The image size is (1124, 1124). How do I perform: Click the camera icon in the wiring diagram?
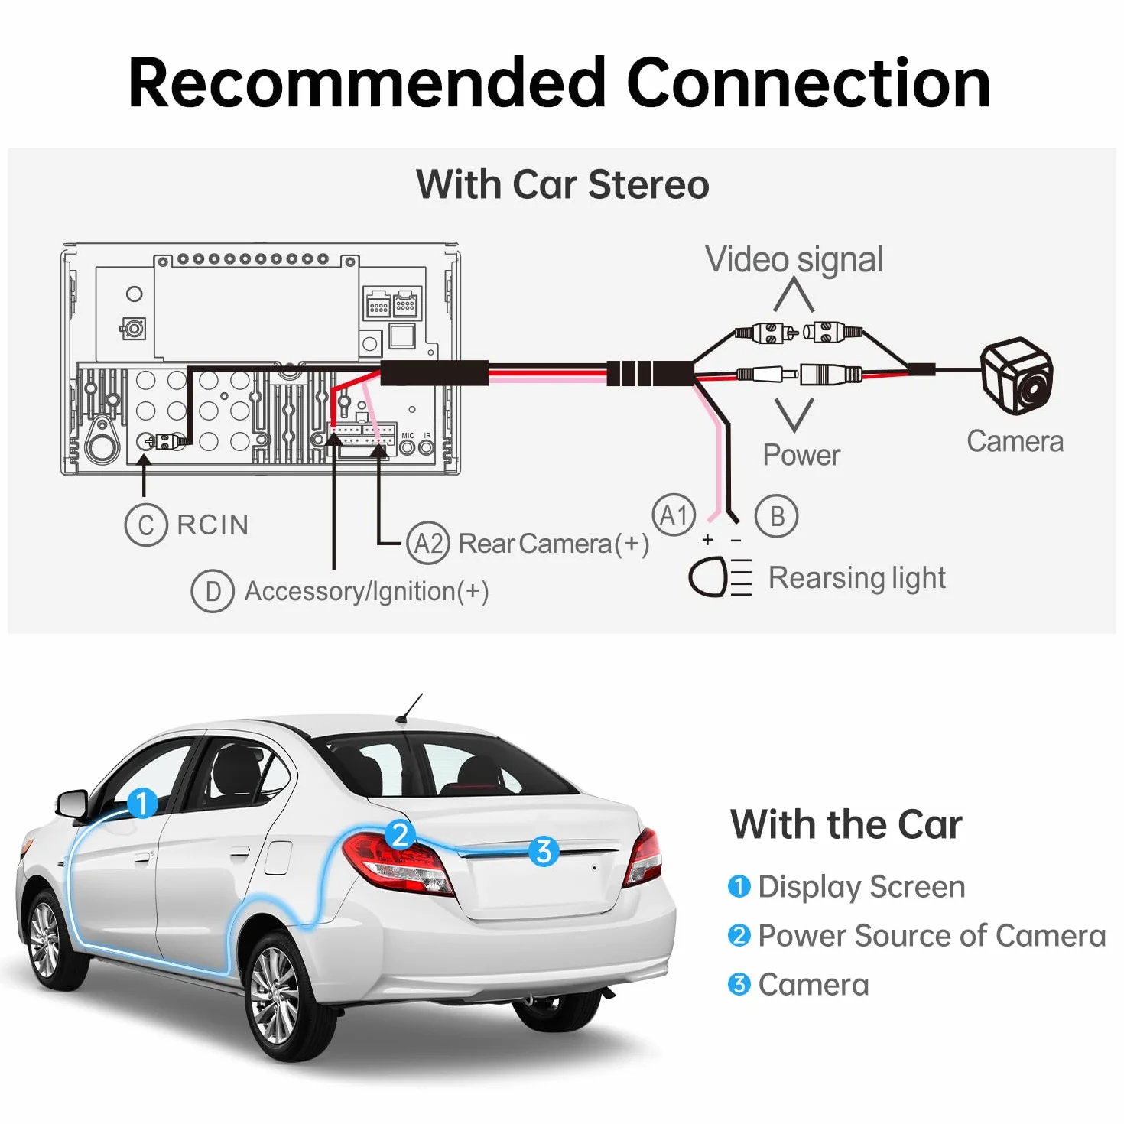tap(1017, 375)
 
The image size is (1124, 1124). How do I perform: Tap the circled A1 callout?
tap(674, 515)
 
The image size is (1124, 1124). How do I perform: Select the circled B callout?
tap(776, 515)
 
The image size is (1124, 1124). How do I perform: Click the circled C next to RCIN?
tap(146, 525)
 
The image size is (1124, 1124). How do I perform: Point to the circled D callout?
tap(213, 591)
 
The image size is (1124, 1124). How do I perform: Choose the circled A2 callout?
tap(429, 543)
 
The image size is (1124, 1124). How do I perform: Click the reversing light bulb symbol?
tap(720, 577)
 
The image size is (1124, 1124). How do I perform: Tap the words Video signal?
tap(793, 259)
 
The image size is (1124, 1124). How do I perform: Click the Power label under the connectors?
tap(802, 454)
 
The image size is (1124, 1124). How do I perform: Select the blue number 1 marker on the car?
tap(142, 803)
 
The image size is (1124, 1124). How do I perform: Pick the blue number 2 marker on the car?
tap(400, 835)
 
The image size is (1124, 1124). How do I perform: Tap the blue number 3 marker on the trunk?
tap(544, 851)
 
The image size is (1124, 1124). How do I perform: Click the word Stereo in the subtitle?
tap(648, 184)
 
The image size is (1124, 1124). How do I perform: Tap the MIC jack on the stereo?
tap(407, 447)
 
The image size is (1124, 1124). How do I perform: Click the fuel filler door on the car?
tap(278, 857)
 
